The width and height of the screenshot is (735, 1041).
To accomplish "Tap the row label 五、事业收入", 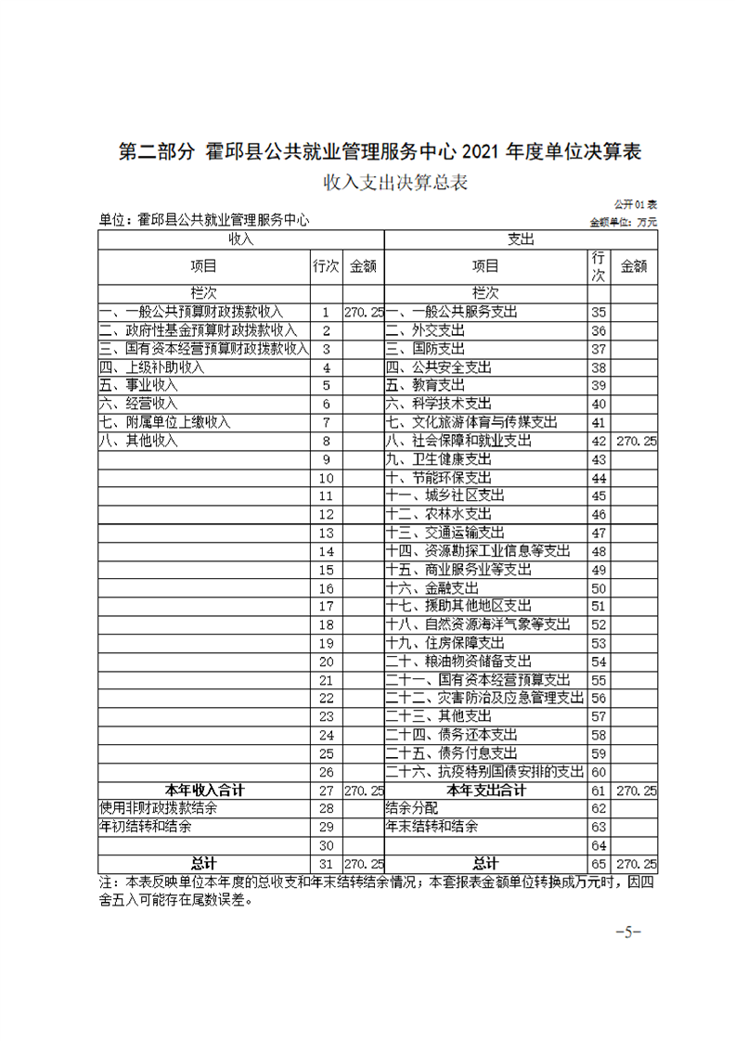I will (x=138, y=385).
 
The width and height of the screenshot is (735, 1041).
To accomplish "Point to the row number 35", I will (x=599, y=312).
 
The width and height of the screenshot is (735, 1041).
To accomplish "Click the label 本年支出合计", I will (x=485, y=790).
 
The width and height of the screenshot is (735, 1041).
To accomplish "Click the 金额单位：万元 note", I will (x=623, y=222).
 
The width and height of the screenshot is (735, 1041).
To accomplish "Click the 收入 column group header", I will (x=241, y=239).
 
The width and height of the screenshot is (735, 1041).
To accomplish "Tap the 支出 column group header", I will (x=521, y=239).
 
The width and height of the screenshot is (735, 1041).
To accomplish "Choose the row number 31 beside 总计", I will (x=326, y=864).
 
